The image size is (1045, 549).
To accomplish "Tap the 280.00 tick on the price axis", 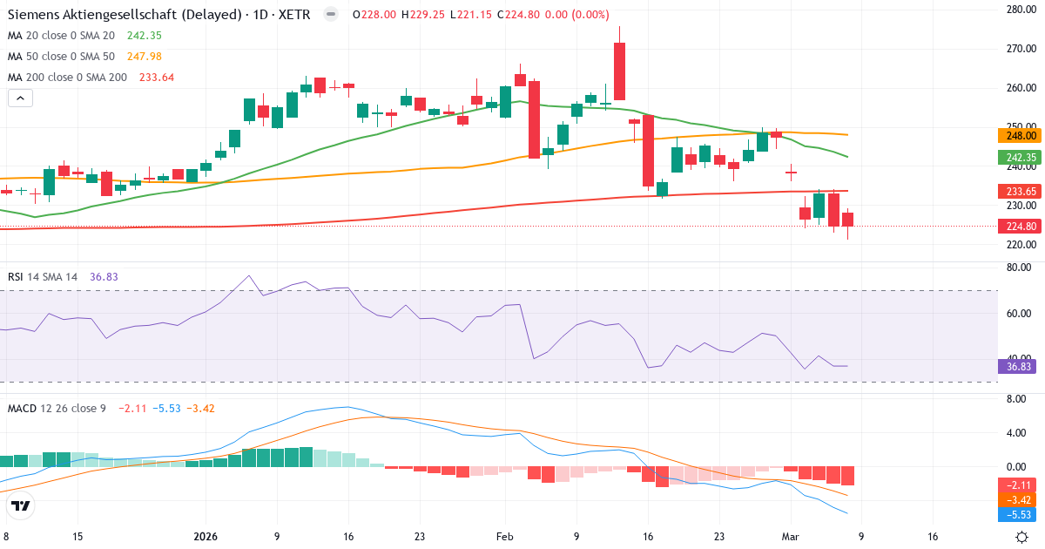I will pos(1020,10).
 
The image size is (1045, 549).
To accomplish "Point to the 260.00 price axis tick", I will pos(1020,88).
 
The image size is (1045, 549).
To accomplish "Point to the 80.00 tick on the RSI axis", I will pos(1020,268).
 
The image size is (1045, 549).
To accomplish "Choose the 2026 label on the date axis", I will pos(206,537).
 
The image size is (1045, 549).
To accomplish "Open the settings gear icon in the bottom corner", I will pos(1024,537).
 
